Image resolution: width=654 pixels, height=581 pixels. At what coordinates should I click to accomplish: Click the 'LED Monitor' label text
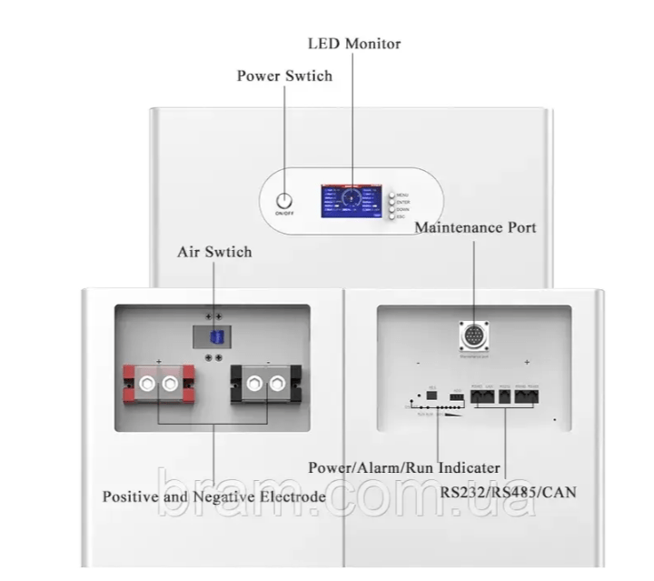click(x=354, y=43)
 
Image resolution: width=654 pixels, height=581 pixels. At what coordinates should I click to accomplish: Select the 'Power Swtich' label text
click(x=284, y=75)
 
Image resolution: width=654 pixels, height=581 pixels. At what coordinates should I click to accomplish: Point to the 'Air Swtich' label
click(x=214, y=251)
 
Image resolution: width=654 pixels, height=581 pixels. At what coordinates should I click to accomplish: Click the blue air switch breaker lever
click(x=215, y=337)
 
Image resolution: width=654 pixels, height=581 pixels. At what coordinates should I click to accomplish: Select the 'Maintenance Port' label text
click(x=475, y=226)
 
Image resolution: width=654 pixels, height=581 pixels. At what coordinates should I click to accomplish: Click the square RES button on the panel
click(x=431, y=396)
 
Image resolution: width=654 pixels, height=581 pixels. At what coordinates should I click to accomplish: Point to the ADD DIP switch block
click(x=456, y=397)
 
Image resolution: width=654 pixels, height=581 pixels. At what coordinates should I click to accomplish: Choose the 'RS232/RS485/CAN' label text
click(x=509, y=492)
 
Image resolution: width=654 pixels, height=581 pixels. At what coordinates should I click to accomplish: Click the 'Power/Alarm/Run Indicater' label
click(x=403, y=468)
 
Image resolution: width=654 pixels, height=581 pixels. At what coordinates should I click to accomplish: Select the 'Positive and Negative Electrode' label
click(x=213, y=496)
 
